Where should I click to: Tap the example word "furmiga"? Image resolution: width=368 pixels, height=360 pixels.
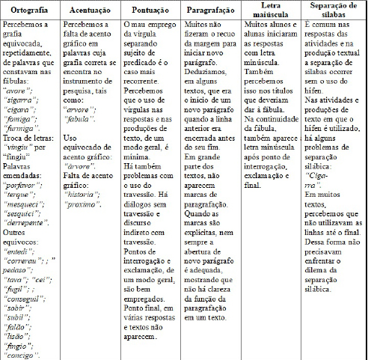[23, 129]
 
